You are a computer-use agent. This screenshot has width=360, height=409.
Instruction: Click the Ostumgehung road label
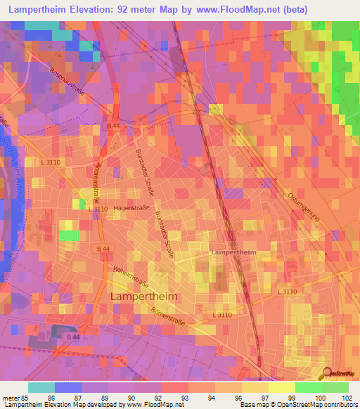(x=304, y=206)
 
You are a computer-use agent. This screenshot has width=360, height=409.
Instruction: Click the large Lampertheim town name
(x=144, y=297)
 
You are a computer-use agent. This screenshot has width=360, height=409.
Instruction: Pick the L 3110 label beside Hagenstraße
(x=98, y=209)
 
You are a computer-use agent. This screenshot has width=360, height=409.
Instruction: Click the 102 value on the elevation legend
(x=347, y=398)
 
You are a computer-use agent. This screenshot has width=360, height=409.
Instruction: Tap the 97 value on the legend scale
(x=255, y=398)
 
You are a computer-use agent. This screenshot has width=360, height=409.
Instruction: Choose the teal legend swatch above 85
(x=41, y=387)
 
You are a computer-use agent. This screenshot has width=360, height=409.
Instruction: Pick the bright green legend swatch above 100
(x=308, y=387)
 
